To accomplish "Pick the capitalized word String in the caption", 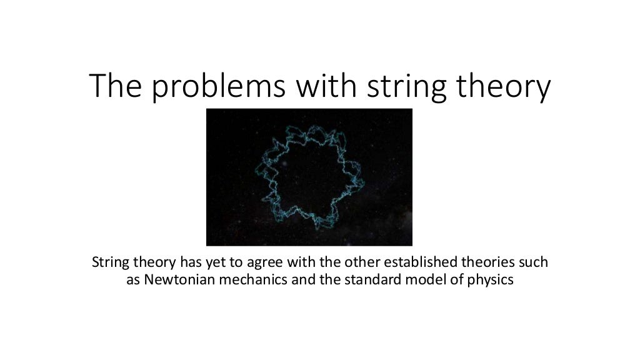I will click(x=109, y=262).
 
